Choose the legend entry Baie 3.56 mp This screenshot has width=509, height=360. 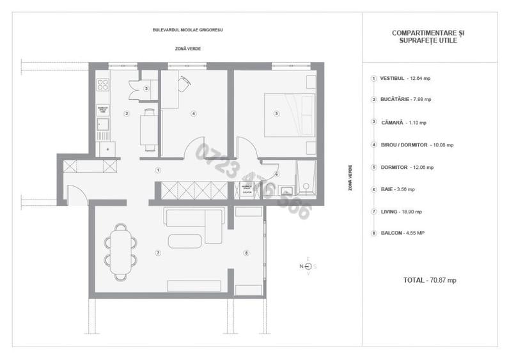[x=393, y=189]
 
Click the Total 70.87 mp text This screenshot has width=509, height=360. [x=430, y=280]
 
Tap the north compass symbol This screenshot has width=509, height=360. [x=308, y=267]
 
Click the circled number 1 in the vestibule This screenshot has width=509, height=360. [x=157, y=170]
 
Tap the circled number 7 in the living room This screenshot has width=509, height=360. [x=157, y=253]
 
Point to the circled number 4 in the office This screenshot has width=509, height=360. [x=193, y=114]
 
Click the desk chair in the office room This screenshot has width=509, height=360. [x=184, y=81]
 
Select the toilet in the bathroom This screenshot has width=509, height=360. [x=306, y=186]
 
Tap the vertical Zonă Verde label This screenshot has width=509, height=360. [x=350, y=178]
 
